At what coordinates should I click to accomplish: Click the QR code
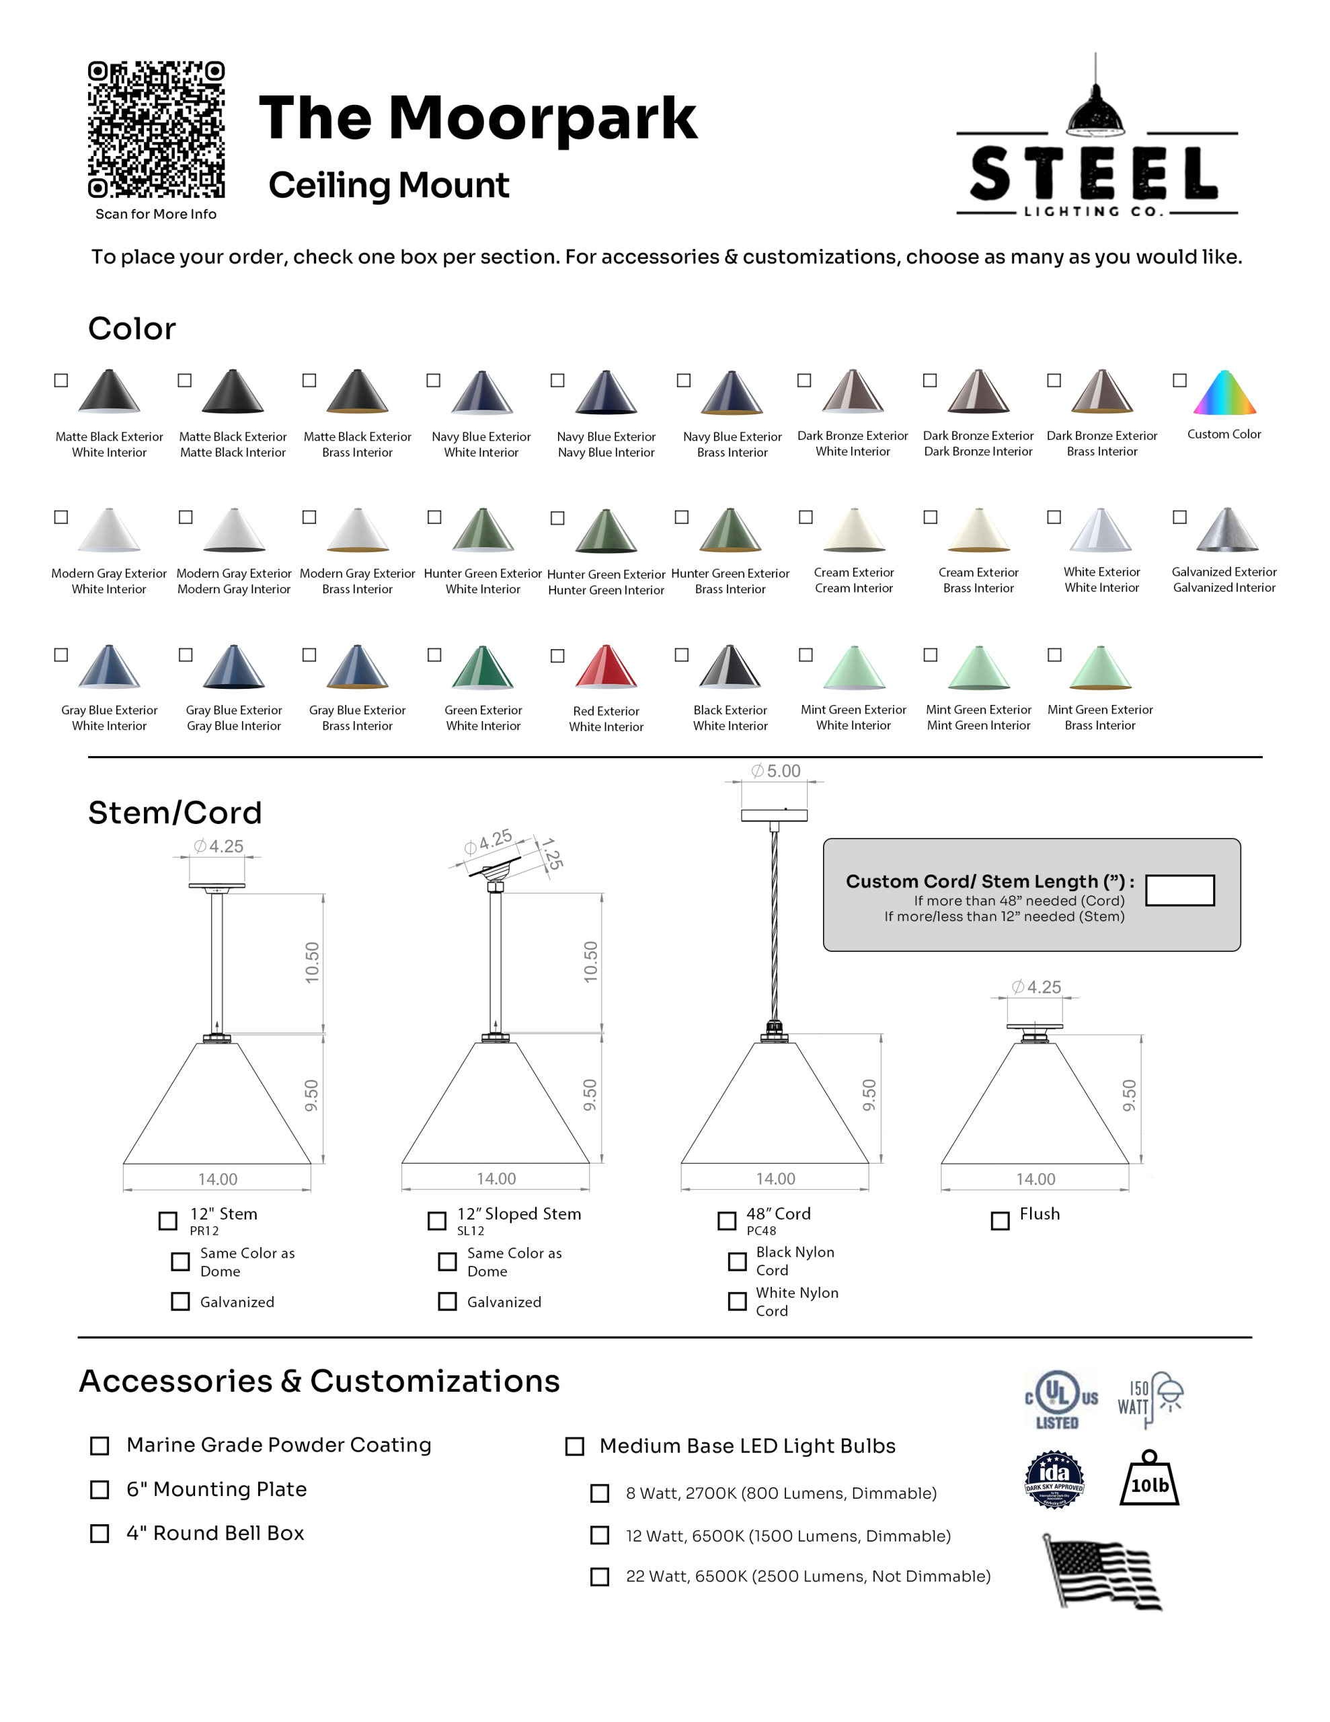point(156,129)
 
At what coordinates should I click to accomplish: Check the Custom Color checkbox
point(1179,380)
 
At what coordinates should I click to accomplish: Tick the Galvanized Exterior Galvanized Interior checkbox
point(1179,517)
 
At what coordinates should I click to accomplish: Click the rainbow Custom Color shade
point(1224,393)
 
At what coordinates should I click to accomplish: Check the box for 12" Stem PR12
point(168,1222)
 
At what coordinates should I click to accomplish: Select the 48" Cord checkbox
point(727,1222)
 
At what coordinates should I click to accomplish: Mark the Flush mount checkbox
point(1001,1222)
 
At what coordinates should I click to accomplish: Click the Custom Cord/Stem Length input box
point(1179,890)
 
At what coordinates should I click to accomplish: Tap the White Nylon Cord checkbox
point(737,1301)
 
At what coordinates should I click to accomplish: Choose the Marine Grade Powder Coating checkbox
point(100,1446)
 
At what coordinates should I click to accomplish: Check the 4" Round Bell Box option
point(100,1534)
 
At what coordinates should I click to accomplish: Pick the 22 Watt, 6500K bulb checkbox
point(600,1577)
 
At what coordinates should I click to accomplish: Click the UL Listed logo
point(1061,1400)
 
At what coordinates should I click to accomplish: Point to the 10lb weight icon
point(1149,1479)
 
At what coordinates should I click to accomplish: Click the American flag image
point(1102,1572)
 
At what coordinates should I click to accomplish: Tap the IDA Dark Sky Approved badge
point(1054,1479)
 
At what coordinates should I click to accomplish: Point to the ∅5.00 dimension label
point(776,771)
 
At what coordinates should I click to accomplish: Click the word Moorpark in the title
point(543,118)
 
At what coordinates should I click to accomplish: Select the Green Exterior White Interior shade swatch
point(483,667)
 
